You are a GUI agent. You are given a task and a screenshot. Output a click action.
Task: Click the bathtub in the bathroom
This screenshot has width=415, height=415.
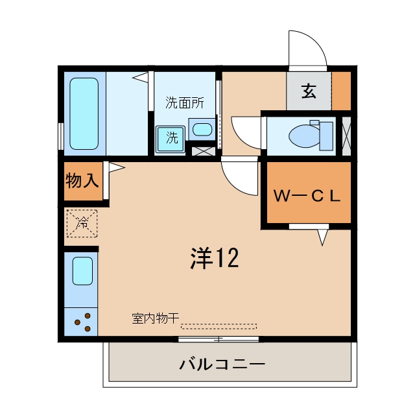pyautogui.click(x=84, y=113)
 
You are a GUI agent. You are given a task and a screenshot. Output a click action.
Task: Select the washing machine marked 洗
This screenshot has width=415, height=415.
pyautogui.click(x=170, y=139)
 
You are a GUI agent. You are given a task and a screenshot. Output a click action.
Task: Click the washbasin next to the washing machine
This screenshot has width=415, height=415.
pyautogui.click(x=202, y=130)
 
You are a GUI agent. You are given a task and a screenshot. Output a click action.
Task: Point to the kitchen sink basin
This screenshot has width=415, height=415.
pyautogui.click(x=82, y=271)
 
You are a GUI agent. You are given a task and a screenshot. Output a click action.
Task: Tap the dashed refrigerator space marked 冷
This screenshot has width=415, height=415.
pyautogui.click(x=82, y=223)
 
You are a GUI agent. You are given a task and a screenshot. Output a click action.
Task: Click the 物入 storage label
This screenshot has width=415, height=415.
pyautogui.click(x=82, y=180)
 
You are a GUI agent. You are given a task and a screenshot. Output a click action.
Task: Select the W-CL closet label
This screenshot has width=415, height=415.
pyautogui.click(x=307, y=196)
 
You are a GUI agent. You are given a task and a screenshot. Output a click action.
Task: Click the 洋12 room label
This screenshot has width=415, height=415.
pyautogui.click(x=215, y=258)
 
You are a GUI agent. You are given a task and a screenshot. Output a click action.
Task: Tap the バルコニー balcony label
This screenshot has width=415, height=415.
pyautogui.click(x=222, y=364)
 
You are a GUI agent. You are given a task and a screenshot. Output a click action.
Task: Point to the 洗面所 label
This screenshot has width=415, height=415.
pyautogui.click(x=185, y=102)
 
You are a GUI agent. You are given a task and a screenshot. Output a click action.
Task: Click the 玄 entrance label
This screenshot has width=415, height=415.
pyautogui.click(x=309, y=91)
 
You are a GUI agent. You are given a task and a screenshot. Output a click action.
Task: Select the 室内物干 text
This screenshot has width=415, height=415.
pyautogui.click(x=156, y=318)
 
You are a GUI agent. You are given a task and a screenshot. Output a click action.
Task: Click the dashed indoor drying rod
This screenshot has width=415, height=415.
pyautogui.click(x=219, y=326)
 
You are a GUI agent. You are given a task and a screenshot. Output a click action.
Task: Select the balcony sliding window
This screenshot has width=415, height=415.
pyautogui.click(x=219, y=338)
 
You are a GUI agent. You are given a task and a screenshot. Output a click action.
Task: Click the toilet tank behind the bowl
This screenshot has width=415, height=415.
pyautogui.click(x=326, y=136)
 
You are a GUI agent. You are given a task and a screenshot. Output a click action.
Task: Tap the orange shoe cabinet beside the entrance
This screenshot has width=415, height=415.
pyautogui.click(x=341, y=91)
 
